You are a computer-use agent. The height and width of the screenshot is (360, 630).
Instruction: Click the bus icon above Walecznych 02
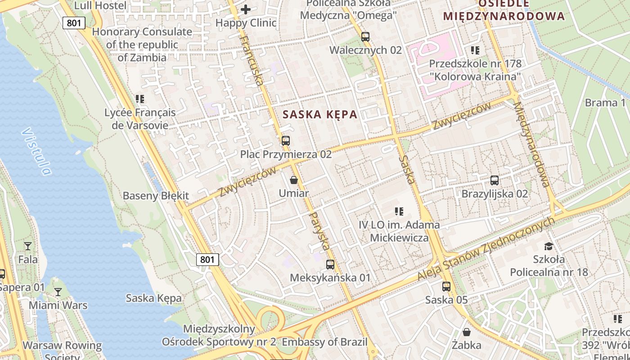coord(365,36)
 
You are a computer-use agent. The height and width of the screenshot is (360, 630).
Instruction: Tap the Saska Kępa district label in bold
coord(320,114)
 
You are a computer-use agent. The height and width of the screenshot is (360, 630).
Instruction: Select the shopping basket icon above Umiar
coord(294,180)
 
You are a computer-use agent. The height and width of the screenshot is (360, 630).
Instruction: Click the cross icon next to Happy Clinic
coord(246,9)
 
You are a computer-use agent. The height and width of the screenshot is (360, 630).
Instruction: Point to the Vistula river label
coord(36,151)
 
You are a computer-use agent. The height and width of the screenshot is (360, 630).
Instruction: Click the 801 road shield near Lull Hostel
coord(74,22)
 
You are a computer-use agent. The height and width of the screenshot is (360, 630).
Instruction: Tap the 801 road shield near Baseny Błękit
coord(207,259)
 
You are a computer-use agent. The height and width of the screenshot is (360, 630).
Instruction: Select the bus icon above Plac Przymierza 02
coord(285,140)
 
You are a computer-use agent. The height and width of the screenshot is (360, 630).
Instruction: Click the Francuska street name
coord(252,60)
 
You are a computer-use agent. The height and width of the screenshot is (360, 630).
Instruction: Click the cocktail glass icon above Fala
coord(28,246)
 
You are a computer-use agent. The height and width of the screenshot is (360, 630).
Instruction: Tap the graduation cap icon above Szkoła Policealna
coord(548,246)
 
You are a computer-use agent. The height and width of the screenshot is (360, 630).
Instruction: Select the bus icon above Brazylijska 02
coord(494,180)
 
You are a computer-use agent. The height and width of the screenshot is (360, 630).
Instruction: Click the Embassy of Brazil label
coord(324,342)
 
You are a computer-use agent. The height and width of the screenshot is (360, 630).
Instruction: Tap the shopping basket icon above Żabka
coord(467,332)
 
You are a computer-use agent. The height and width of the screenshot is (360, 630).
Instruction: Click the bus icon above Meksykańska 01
coord(330,264)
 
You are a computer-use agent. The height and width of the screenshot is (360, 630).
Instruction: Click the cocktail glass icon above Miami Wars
coord(58,292)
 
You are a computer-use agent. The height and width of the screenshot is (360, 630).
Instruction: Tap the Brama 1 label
coord(605,103)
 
